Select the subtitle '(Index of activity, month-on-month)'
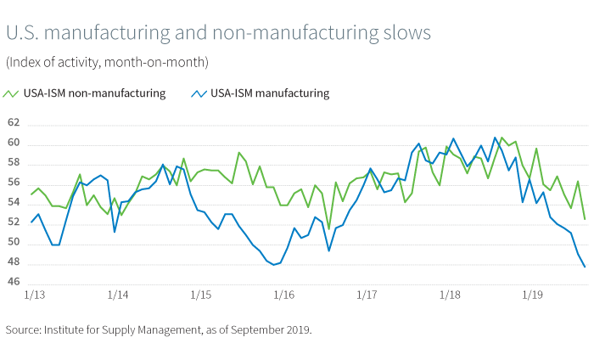point(107,62)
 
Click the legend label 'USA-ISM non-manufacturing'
point(94,93)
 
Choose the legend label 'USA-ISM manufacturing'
point(270,93)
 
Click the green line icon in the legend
point(12,93)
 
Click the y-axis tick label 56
point(13,183)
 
